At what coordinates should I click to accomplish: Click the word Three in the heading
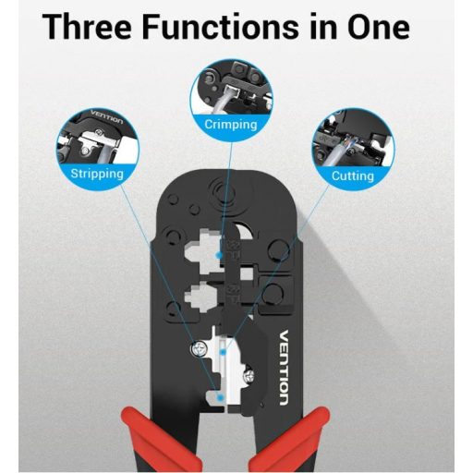click(x=87, y=27)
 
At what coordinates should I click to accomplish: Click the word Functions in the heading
click(x=220, y=27)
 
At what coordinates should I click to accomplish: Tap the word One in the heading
click(x=379, y=27)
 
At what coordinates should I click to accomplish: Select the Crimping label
click(x=231, y=125)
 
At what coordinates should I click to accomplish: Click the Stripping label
click(x=97, y=174)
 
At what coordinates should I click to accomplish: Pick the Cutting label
click(x=353, y=176)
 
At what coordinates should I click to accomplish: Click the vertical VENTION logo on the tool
click(x=284, y=368)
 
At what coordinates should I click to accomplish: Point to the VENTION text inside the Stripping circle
click(x=107, y=116)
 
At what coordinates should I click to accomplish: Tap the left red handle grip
click(x=155, y=441)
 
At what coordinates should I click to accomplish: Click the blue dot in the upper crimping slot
click(x=219, y=255)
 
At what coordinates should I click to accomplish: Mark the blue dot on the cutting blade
click(x=224, y=351)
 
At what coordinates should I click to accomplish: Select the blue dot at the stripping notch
click(x=220, y=398)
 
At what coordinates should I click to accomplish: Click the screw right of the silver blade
click(x=249, y=375)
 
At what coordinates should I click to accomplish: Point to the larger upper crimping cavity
click(x=203, y=252)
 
